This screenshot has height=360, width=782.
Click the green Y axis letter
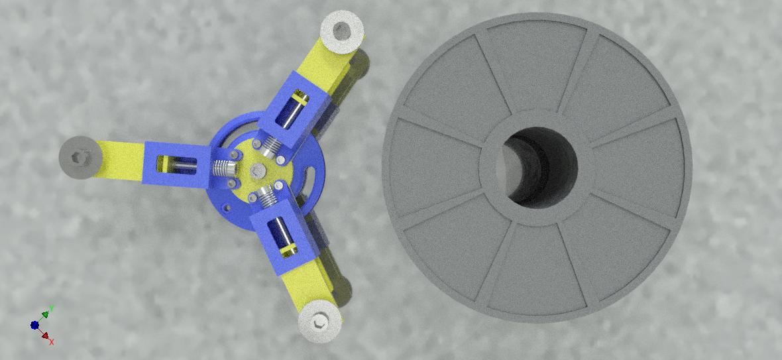[x=52, y=308]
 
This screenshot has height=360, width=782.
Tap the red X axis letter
[x=51, y=342]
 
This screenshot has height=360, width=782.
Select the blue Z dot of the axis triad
[x=34, y=325]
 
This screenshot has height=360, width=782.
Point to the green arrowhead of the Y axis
[x=45, y=315]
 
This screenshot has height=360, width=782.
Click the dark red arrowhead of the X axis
[x=45, y=336]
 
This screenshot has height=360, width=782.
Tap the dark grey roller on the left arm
[x=80, y=157]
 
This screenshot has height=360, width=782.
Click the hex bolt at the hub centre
[x=258, y=170]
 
